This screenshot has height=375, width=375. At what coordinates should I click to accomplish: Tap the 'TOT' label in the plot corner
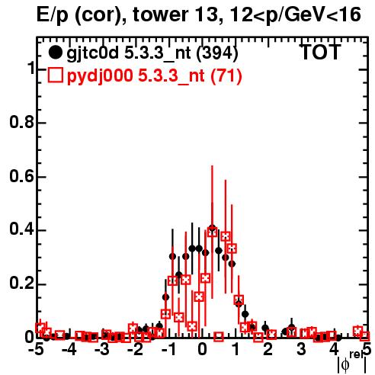(x=321, y=53)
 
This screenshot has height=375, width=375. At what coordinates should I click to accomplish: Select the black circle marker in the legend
(x=55, y=53)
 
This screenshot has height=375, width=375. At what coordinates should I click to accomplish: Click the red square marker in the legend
(x=55, y=75)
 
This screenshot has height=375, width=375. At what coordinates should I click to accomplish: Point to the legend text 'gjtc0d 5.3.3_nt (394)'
(x=152, y=53)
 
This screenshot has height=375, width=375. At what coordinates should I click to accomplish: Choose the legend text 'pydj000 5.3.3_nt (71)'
(x=154, y=76)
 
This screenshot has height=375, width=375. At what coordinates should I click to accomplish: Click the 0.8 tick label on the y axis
(x=22, y=122)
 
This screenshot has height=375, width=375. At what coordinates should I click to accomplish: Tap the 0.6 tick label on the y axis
(x=22, y=176)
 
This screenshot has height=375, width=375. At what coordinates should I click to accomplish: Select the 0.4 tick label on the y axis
(x=22, y=229)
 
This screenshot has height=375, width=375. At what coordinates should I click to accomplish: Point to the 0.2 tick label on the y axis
(x=22, y=283)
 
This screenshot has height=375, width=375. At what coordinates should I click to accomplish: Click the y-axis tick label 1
(x=30, y=68)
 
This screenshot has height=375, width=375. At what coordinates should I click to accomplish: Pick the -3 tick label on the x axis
(x=104, y=350)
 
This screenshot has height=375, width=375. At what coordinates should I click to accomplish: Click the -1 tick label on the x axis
(x=169, y=350)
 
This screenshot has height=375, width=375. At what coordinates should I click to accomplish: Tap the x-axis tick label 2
(x=268, y=350)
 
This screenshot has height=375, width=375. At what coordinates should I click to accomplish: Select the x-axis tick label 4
(x=335, y=350)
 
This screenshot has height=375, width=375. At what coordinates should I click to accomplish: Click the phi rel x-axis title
(x=352, y=361)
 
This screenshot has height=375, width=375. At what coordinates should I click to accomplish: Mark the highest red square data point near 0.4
(x=213, y=232)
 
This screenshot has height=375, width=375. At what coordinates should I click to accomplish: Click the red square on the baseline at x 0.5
(x=219, y=337)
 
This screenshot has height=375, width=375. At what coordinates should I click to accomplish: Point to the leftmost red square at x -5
(x=40, y=328)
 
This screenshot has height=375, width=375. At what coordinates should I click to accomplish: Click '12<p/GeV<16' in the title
(x=294, y=14)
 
